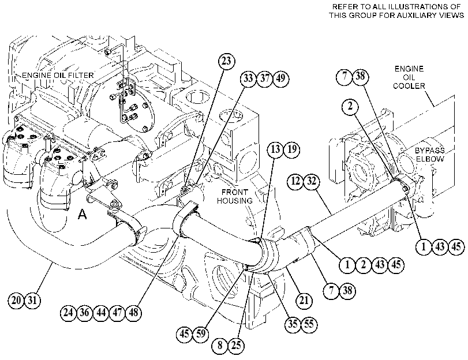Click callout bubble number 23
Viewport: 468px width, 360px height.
coord(227,61)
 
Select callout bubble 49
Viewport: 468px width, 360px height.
coord(281,78)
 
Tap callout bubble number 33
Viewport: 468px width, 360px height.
coord(248,78)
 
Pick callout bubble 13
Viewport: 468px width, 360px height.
coord(275,149)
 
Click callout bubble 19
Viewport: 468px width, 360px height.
coord(291,149)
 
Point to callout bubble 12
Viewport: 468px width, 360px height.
coord(295,181)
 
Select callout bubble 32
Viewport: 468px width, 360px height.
coord(312,181)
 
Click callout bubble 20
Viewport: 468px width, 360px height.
coord(16,299)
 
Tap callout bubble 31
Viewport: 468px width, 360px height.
coord(32,299)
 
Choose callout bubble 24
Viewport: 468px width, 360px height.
coord(68,313)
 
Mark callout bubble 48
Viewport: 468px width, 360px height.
coord(133,313)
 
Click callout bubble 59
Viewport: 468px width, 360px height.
coord(201,333)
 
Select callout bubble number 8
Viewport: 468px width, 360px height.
coord(220,346)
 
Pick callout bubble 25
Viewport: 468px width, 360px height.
coord(236,346)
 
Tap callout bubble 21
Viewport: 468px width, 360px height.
coord(304,300)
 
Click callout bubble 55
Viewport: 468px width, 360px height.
coord(309,324)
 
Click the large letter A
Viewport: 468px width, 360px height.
coord(82,214)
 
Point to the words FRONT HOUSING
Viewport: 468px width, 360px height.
coord(235,196)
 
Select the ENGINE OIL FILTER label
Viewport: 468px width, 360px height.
coord(58,75)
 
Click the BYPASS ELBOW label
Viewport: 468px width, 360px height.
coord(430,155)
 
